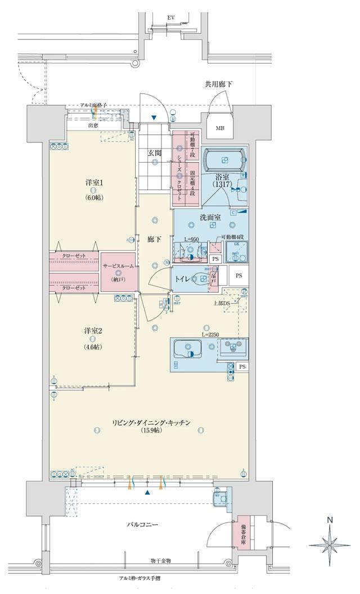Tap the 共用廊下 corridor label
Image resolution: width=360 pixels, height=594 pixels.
tap(219, 84)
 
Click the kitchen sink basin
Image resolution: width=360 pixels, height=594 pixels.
tap(183, 350)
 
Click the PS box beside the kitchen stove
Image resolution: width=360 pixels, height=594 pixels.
tap(242, 367)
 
